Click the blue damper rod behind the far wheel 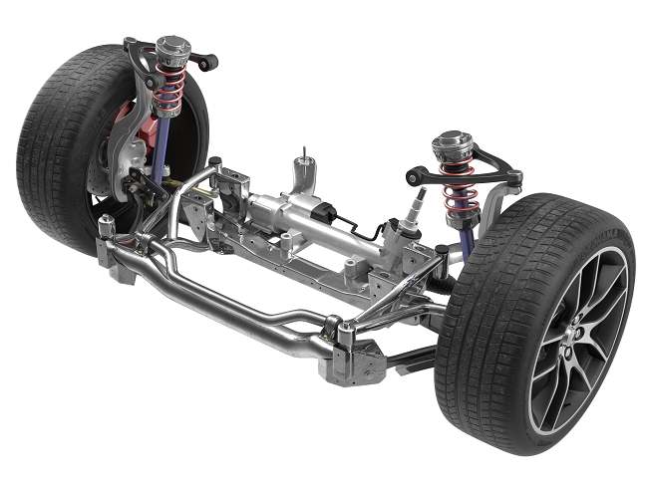[x=160, y=149]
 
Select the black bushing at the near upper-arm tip [x=412, y=178]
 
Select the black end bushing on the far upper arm [x=209, y=62]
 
